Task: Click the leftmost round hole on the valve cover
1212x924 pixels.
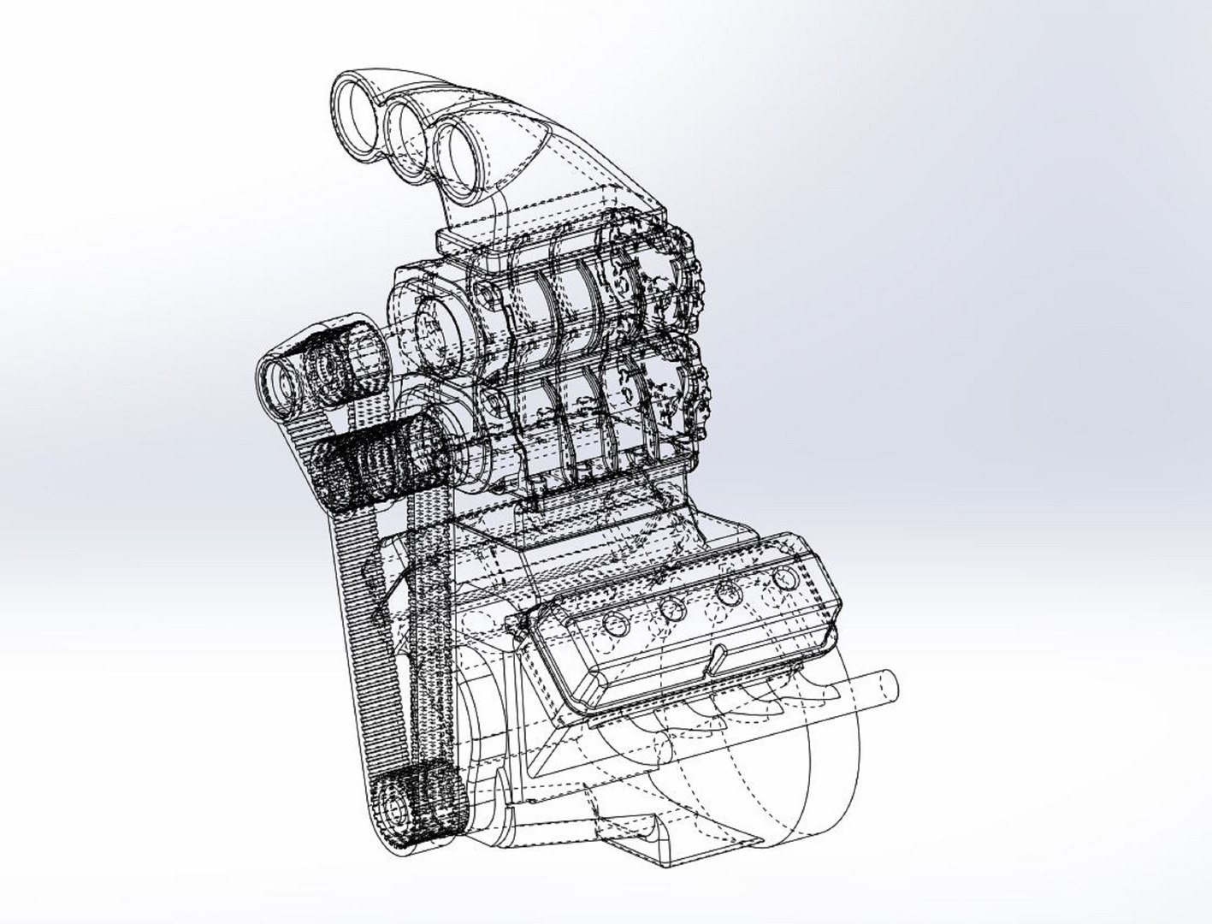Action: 613,623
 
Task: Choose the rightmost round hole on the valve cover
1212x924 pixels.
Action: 783,580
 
